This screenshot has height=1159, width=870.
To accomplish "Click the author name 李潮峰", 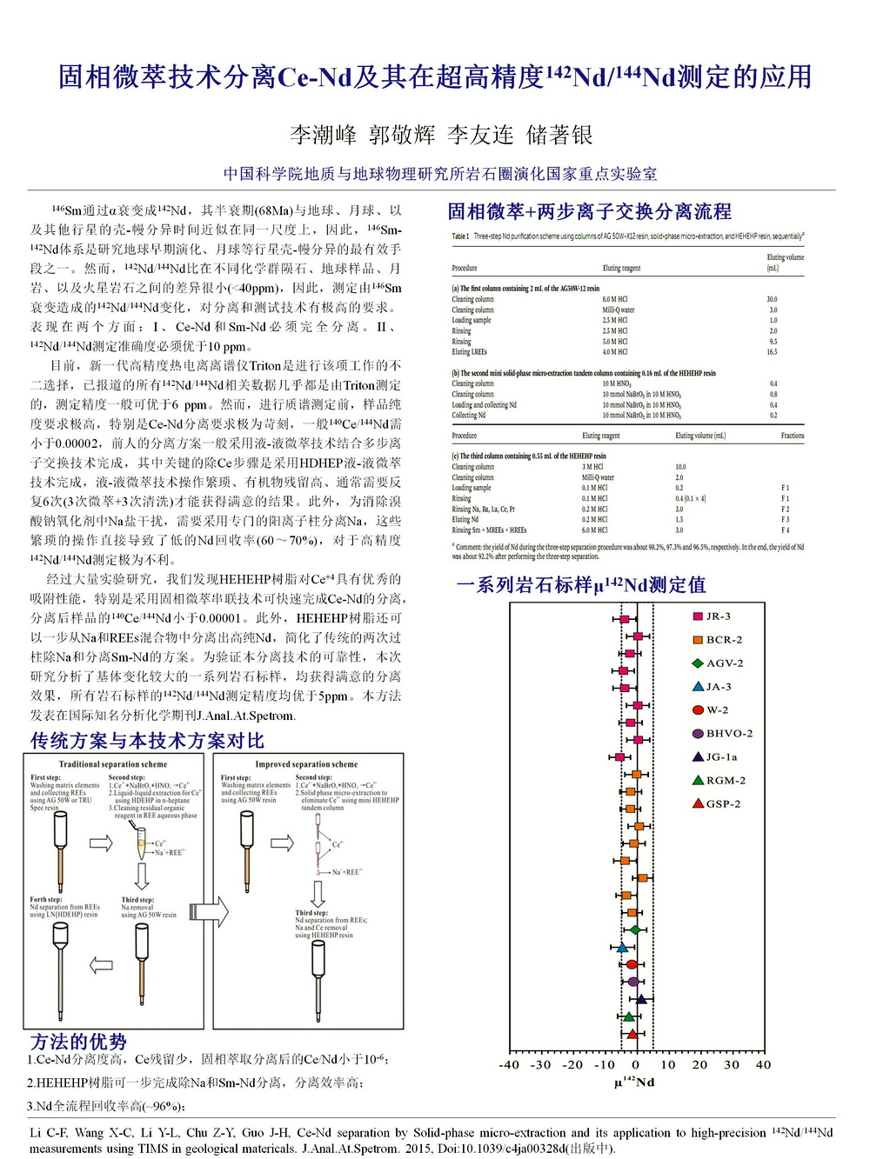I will tap(324, 135).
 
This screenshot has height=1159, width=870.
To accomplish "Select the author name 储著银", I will tap(559, 135).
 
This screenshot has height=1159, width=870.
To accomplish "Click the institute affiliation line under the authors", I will tap(440, 174).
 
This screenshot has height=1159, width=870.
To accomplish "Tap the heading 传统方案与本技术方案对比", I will tap(147, 741).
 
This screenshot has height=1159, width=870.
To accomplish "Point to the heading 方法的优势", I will tap(78, 1041).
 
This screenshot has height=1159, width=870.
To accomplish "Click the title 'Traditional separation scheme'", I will tap(113, 764).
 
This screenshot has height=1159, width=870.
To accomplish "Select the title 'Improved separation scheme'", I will tap(306, 764).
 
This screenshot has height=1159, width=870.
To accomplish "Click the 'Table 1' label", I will tap(460, 236).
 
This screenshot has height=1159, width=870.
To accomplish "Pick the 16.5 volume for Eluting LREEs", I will tap(772, 352).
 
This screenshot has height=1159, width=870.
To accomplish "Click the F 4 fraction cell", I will tap(785, 530).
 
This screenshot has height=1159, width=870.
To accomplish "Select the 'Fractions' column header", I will tap(792, 436).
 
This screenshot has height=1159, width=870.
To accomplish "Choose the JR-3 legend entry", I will tap(712, 616).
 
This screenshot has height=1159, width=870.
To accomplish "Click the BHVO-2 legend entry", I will tap(721, 734).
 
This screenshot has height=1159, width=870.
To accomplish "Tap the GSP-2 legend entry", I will tap(716, 804).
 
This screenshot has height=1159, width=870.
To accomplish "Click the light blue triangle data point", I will tap(622, 947).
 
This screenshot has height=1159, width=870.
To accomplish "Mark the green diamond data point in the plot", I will tap(635, 929).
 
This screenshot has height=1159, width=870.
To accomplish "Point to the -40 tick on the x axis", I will tap(509, 1065).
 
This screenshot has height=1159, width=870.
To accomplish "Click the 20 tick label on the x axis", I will tap(699, 1065).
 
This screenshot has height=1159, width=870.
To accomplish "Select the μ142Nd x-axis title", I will tap(634, 1082).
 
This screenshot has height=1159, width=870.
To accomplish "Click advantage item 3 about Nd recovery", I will tap(106, 1106).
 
